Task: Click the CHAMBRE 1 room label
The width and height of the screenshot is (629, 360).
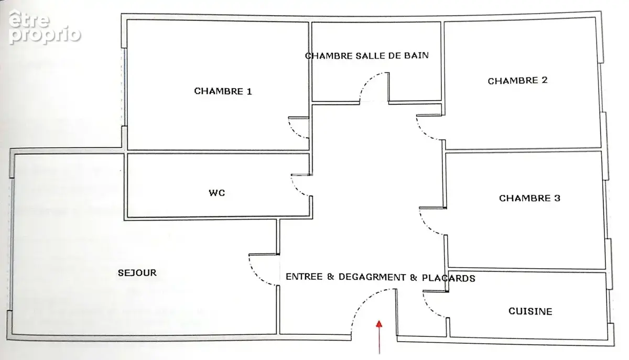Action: click(x=223, y=91)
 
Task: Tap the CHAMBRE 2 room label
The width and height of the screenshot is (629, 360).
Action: click(x=517, y=81)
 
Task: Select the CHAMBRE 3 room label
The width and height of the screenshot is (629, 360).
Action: click(x=529, y=198)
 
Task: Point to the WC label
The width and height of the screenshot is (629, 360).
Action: click(x=217, y=193)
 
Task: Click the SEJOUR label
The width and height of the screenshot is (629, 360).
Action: click(x=137, y=272)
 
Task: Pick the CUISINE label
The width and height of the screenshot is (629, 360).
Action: click(x=530, y=311)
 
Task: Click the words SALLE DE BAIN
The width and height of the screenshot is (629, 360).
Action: click(x=392, y=56)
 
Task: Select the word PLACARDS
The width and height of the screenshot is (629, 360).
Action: click(x=449, y=278)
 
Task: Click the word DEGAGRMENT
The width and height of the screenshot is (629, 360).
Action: click(x=372, y=277)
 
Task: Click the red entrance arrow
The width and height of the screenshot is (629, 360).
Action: click(x=379, y=337)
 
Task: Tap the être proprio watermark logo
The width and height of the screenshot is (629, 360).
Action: click(x=45, y=27)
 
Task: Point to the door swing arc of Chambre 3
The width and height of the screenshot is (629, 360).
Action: click(x=427, y=225)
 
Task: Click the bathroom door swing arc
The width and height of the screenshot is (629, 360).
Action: click(x=366, y=81)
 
